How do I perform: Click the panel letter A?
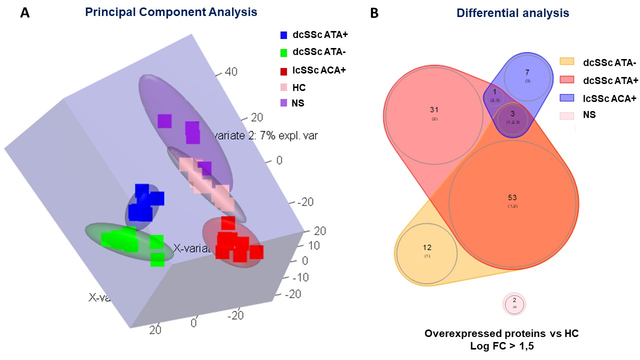click(x=24, y=13)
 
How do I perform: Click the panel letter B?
click(x=373, y=13)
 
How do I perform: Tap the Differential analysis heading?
click(x=512, y=13)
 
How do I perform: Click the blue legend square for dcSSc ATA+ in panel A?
click(x=283, y=35)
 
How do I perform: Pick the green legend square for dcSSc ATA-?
click(x=283, y=52)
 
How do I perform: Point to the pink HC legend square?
click(x=283, y=87)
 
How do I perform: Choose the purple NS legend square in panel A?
click(x=283, y=103)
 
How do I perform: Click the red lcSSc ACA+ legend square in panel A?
click(x=283, y=70)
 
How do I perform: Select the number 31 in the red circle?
click(x=434, y=109)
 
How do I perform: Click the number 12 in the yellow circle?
click(x=427, y=247)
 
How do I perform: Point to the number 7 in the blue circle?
click(x=527, y=72)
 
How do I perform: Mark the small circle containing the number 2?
click(x=514, y=303)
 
